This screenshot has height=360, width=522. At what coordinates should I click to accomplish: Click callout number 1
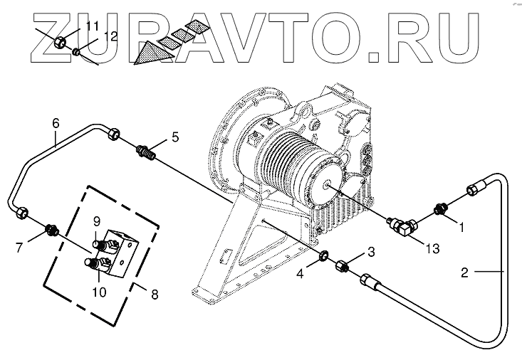(461, 228)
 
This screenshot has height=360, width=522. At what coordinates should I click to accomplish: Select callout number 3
(370, 252)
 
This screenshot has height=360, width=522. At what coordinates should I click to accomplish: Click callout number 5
(175, 136)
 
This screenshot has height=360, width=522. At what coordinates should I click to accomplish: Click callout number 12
(110, 36)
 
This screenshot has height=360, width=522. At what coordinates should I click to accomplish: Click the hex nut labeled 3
(340, 265)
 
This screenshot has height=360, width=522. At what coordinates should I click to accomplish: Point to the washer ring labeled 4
(323, 255)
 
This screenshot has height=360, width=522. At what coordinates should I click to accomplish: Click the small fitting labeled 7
(51, 230)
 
